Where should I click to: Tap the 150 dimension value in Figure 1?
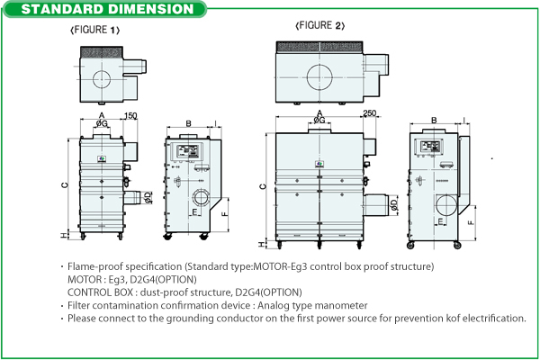[130, 116]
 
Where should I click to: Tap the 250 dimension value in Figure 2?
[370, 112]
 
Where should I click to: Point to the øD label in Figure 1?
[146, 197]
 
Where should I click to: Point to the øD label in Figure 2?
[392, 206]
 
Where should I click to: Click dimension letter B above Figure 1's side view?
[188, 122]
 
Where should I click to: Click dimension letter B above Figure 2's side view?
[434, 119]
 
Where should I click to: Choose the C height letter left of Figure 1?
[64, 185]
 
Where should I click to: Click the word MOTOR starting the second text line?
[85, 279]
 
